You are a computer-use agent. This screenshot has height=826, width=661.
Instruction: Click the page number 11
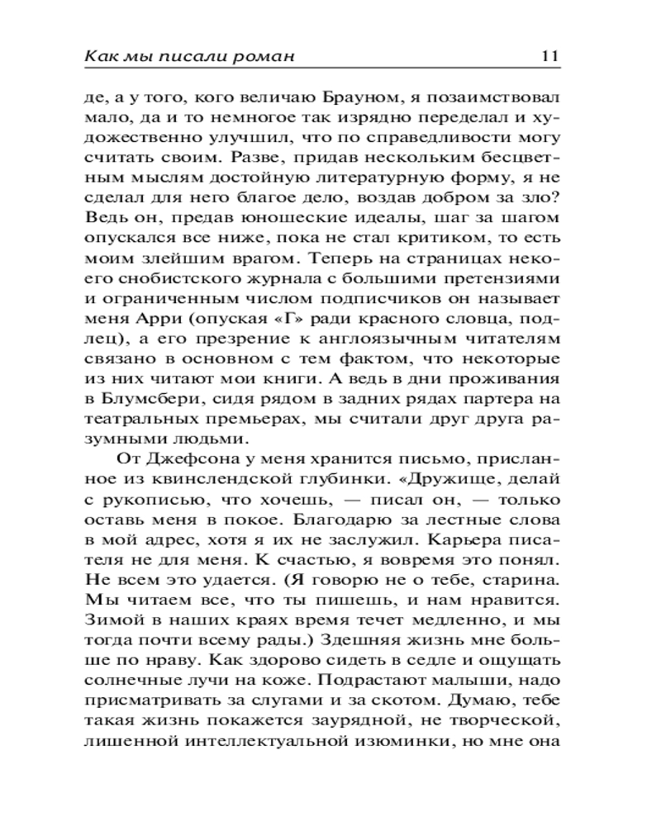point(549,56)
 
